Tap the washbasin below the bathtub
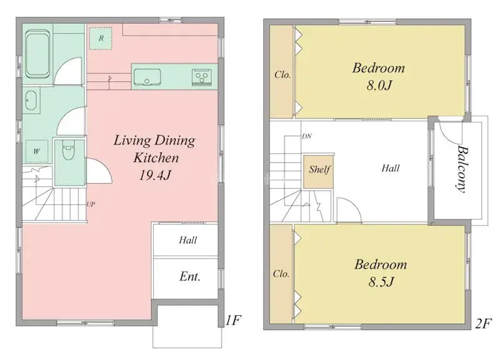(x=32, y=100)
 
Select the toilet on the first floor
(x=68, y=152)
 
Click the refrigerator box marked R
(x=100, y=38)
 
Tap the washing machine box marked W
(x=36, y=151)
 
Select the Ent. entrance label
(x=190, y=276)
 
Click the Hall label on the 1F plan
(x=188, y=239)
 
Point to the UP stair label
(x=91, y=204)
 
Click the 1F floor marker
(x=233, y=321)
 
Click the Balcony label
(x=462, y=169)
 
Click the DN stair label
(x=306, y=136)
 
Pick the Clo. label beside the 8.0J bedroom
(x=282, y=75)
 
